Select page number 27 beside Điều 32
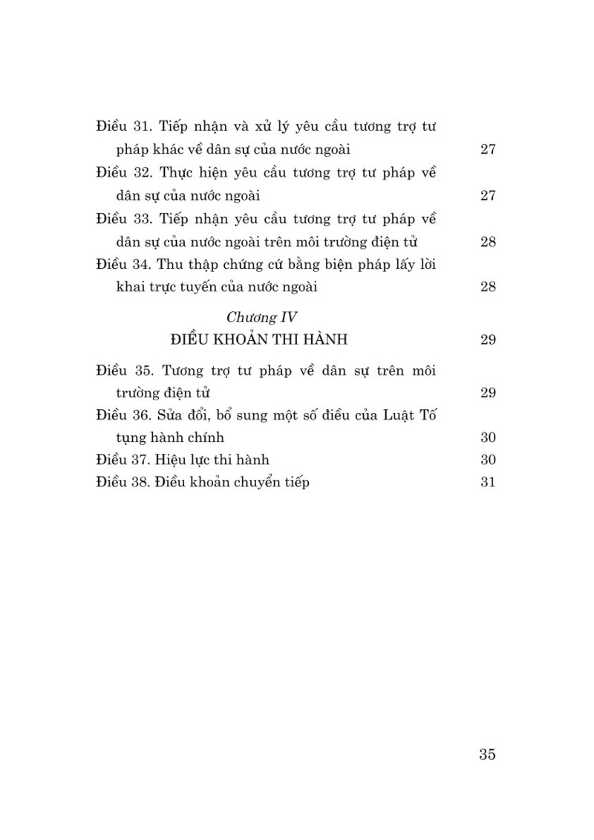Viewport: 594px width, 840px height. pyautogui.click(x=488, y=195)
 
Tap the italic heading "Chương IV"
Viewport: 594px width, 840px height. pyautogui.click(x=261, y=317)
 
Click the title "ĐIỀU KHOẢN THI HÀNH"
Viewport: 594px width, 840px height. pyautogui.click(x=259, y=340)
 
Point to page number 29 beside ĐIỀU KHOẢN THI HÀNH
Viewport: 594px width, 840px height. pyautogui.click(x=488, y=340)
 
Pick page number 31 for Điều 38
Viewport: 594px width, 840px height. pyautogui.click(x=488, y=482)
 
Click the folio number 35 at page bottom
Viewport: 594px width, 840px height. pyautogui.click(x=487, y=755)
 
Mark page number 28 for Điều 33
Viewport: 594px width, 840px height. pyautogui.click(x=488, y=241)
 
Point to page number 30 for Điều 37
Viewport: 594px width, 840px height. pyautogui.click(x=488, y=460)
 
